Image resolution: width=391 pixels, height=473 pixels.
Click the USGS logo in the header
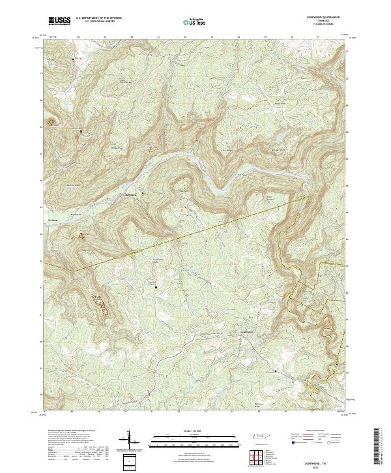[x=59, y=20]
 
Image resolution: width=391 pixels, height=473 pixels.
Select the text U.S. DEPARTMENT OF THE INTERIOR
[x=98, y=18]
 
